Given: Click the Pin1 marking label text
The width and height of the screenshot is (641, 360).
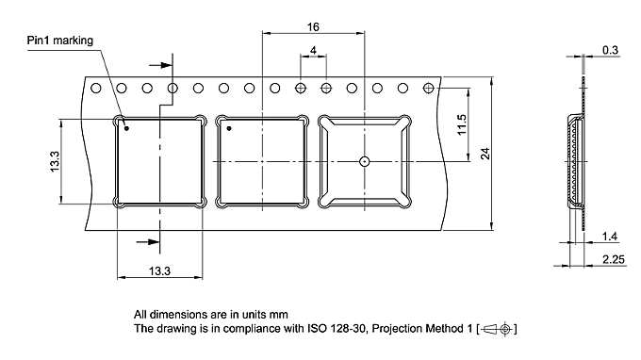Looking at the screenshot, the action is [x=60, y=41].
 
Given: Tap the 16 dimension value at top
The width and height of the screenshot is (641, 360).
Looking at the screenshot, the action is [x=313, y=27].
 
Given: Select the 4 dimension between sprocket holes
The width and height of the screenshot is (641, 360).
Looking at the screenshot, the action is [x=313, y=50].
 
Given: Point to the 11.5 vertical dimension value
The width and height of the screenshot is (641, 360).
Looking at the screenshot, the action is [x=462, y=124].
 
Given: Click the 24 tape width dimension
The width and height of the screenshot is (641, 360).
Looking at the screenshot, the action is [x=485, y=154].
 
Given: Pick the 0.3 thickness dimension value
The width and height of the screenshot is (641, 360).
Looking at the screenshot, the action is [x=610, y=50].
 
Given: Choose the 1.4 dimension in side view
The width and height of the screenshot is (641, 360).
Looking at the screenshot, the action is [x=610, y=237].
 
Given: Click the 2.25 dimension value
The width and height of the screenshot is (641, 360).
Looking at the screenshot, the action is [x=614, y=259].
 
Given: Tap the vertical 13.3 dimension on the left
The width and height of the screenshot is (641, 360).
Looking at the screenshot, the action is [x=55, y=161].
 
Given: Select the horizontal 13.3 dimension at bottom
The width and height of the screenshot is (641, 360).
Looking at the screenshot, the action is [x=159, y=270].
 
